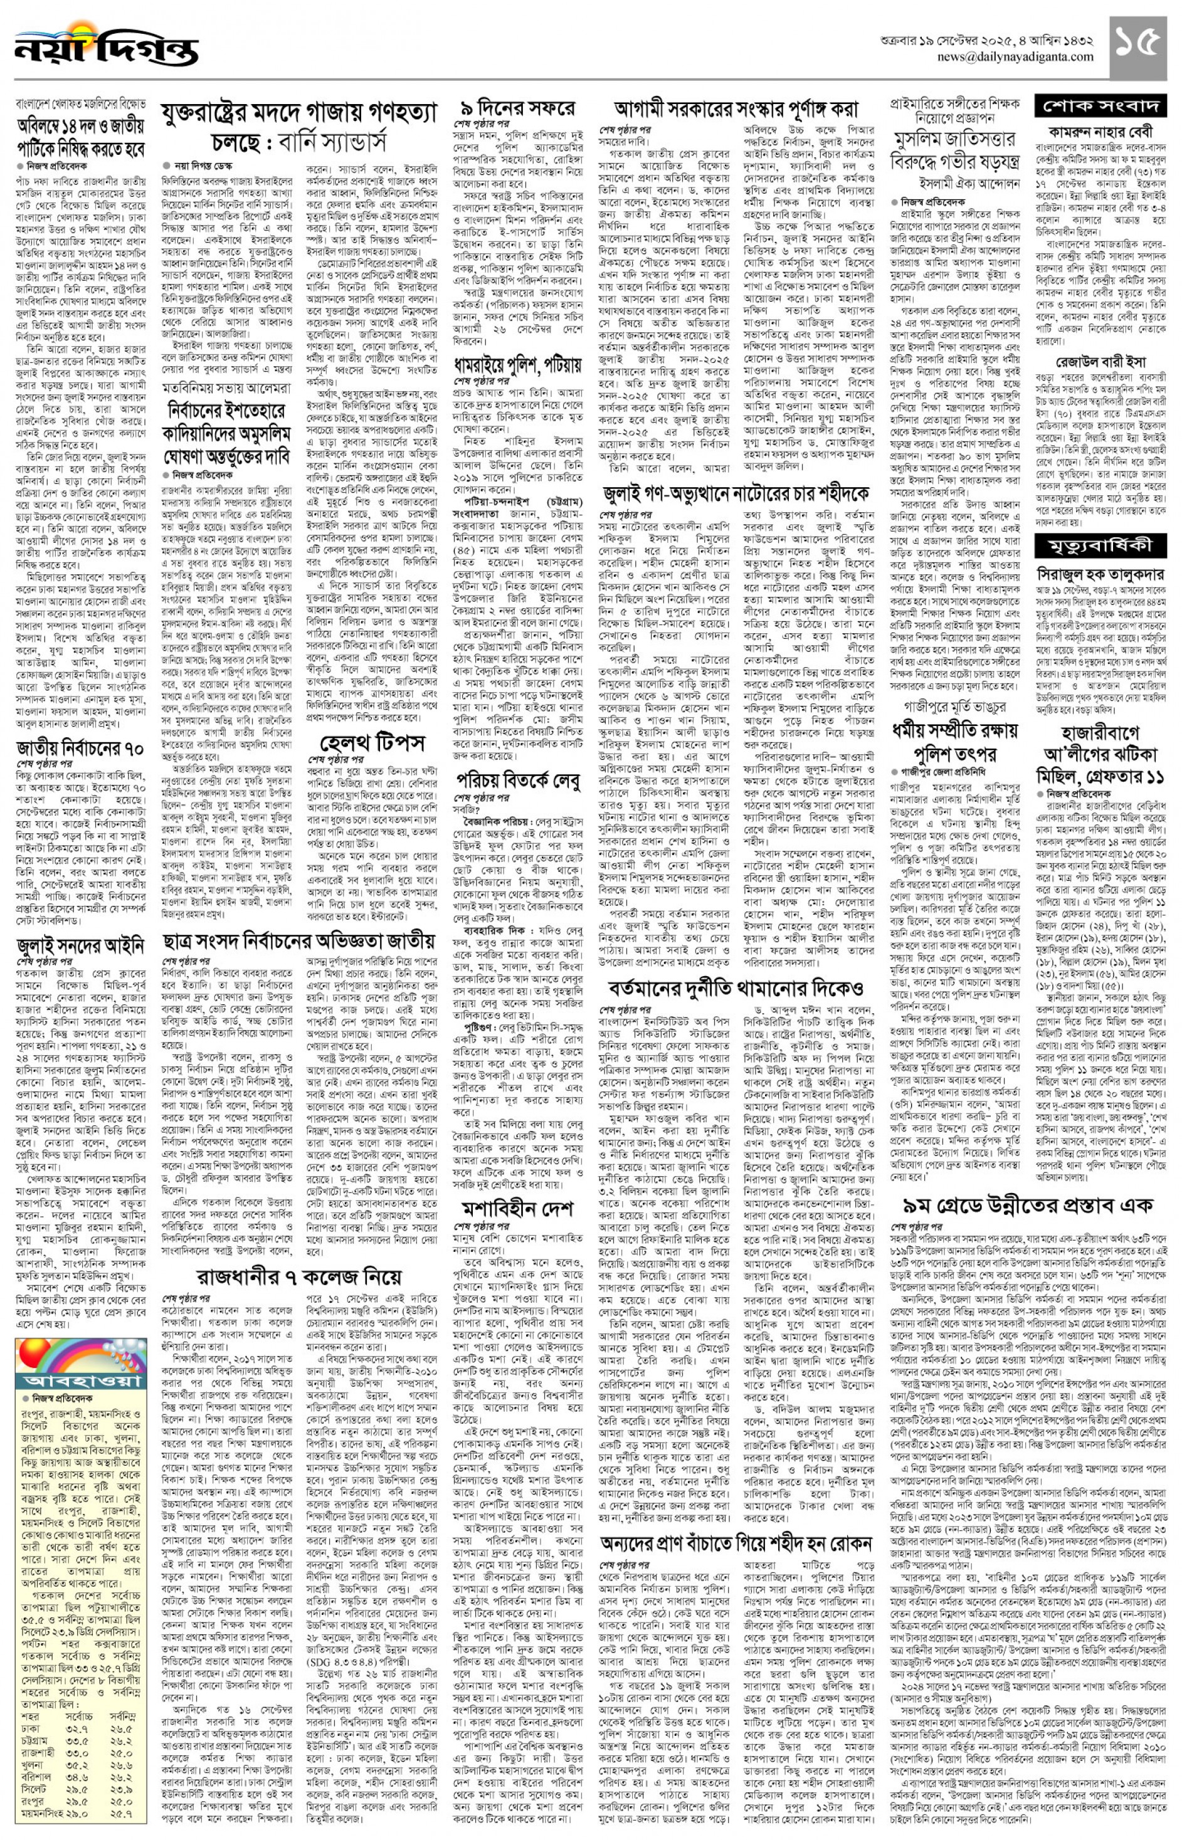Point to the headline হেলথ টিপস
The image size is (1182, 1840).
371,742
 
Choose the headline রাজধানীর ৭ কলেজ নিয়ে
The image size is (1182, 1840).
299,1278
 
